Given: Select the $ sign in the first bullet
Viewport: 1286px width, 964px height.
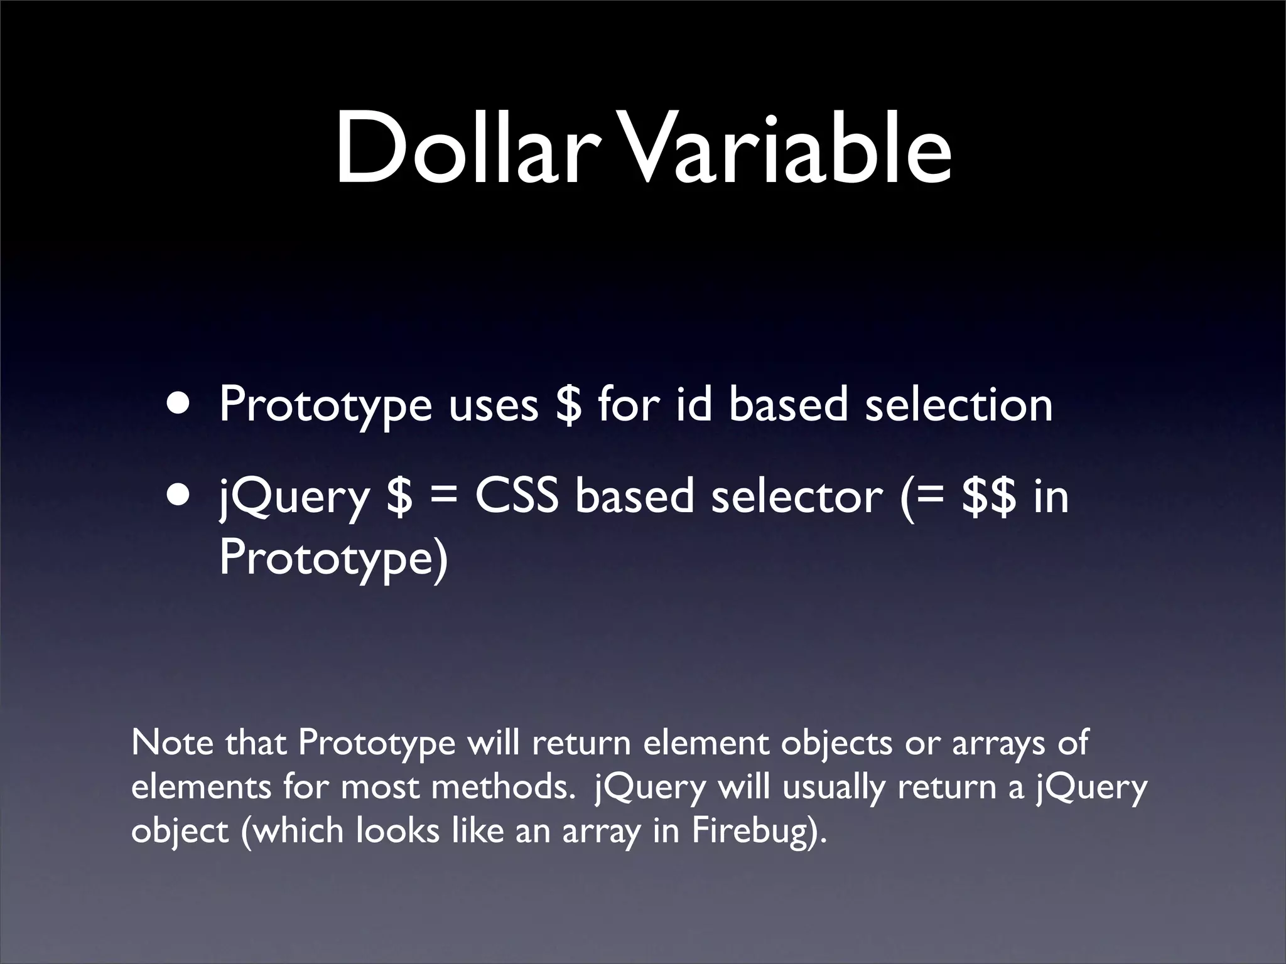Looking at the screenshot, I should [568, 405].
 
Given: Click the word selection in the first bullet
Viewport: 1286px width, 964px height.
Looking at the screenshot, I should [958, 405].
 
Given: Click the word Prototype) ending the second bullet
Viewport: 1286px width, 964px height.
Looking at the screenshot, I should [333, 559].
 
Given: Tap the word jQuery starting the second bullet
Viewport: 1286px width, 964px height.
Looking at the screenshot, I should [294, 499].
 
